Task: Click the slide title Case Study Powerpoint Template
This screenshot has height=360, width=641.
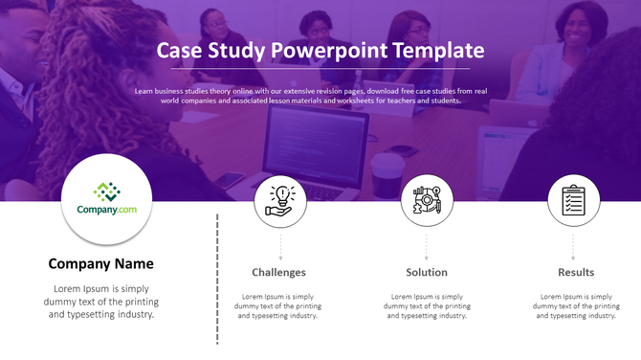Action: point(320,51)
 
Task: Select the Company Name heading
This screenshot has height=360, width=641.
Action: point(100,264)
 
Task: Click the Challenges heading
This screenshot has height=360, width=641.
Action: point(279,273)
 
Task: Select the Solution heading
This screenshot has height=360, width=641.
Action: point(427,273)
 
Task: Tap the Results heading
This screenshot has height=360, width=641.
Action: point(576,273)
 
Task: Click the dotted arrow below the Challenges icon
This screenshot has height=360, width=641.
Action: point(280,246)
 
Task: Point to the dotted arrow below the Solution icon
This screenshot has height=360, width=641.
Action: point(427,246)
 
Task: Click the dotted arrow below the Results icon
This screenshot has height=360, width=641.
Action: point(573,246)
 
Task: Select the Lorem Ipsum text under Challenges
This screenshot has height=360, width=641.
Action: point(279,305)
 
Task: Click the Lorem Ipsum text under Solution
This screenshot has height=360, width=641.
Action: point(427,305)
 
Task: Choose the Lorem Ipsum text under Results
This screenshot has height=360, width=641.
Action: point(576,305)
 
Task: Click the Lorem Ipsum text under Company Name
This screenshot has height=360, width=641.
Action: point(100,301)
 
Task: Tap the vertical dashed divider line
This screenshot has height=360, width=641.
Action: point(218,278)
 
